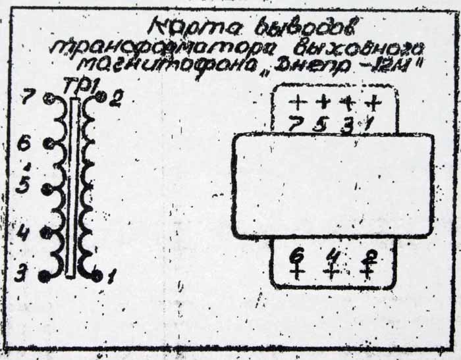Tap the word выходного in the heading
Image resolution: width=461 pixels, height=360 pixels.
355,47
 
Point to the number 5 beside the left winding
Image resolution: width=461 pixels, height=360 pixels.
24,184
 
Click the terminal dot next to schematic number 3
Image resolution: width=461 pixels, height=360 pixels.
45,275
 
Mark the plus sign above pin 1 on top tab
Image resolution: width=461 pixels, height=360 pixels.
373,103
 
